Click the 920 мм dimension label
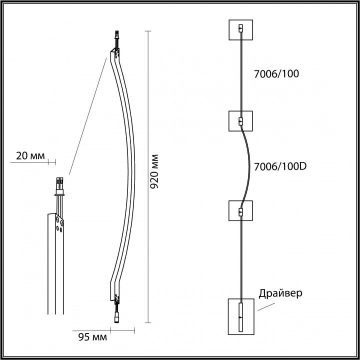pos(154,171)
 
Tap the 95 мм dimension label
pos(92,337)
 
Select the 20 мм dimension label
pos(30,156)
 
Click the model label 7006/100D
pos(280,166)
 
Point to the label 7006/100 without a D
pos(276,73)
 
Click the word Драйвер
pos(280,293)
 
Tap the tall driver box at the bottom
pos(241,316)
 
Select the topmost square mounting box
pos(241,30)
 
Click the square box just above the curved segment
pos(240,121)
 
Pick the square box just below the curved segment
pos(240,211)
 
